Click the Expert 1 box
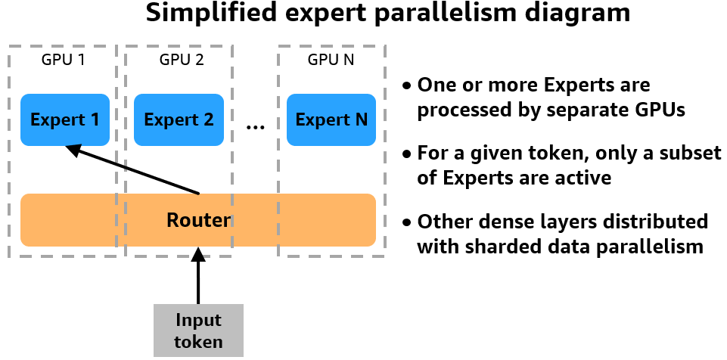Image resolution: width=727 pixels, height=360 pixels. pos(64,119)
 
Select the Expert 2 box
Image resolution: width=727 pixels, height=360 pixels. pos(179,119)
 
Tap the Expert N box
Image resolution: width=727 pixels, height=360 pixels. pos(331,119)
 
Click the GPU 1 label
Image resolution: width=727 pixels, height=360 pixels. pos(63,59)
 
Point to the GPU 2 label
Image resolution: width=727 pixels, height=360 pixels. pos(182,59)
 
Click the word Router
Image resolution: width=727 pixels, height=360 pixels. pos(198,220)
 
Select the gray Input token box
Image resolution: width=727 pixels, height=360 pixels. pos(198,331)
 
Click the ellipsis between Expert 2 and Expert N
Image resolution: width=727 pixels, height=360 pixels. pos(256,126)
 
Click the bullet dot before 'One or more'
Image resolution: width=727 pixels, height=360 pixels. pos(408,85)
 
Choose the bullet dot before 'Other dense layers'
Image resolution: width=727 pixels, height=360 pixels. pos(408,223)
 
